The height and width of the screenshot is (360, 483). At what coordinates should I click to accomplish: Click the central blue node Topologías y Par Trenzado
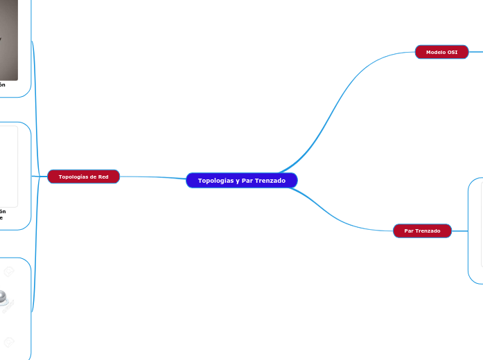pos(242,181)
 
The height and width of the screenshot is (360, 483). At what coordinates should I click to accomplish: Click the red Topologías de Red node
pos(83,177)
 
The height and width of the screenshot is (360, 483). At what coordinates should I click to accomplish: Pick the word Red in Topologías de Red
pos(103,177)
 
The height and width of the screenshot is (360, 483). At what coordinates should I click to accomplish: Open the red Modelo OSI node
pos(441,52)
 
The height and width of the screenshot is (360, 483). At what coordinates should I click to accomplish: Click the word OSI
pos(452,52)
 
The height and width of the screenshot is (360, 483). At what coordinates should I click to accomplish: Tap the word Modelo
pos(435,52)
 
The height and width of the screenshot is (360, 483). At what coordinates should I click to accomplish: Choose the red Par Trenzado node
pos(422,231)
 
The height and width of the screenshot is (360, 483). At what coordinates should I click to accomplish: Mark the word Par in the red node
pos(409,231)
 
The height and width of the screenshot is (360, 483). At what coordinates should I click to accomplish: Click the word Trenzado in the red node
pos(428,231)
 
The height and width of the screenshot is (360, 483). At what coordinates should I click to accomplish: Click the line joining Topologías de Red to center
pos(152,177)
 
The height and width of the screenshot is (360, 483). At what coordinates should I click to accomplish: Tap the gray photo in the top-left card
pos(8,42)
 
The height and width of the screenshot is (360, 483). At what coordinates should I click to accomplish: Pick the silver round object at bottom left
pos(6,298)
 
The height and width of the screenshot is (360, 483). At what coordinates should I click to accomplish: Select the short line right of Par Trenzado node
pos(460,231)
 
